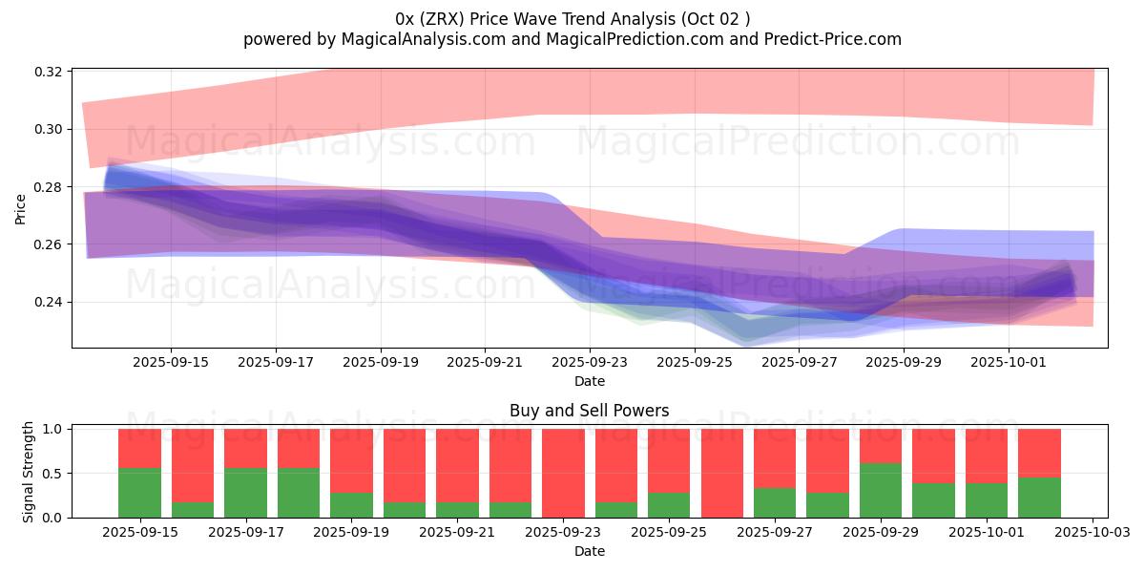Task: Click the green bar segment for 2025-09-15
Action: (x=139, y=493)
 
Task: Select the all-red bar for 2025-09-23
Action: (x=563, y=473)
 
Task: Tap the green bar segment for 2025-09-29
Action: (x=881, y=490)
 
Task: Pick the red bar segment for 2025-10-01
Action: (x=987, y=456)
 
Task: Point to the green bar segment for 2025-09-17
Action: (x=245, y=493)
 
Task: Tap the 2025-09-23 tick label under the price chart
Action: (x=590, y=363)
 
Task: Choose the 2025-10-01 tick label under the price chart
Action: (x=1010, y=363)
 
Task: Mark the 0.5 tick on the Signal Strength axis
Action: (x=54, y=474)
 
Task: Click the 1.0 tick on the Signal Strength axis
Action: (x=54, y=429)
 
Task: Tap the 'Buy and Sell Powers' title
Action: (x=589, y=411)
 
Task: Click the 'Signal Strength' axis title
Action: (x=29, y=472)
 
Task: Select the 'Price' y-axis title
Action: (x=21, y=208)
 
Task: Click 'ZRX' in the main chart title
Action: (x=447, y=19)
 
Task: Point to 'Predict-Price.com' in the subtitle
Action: (x=835, y=39)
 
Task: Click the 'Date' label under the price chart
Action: (x=589, y=381)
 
